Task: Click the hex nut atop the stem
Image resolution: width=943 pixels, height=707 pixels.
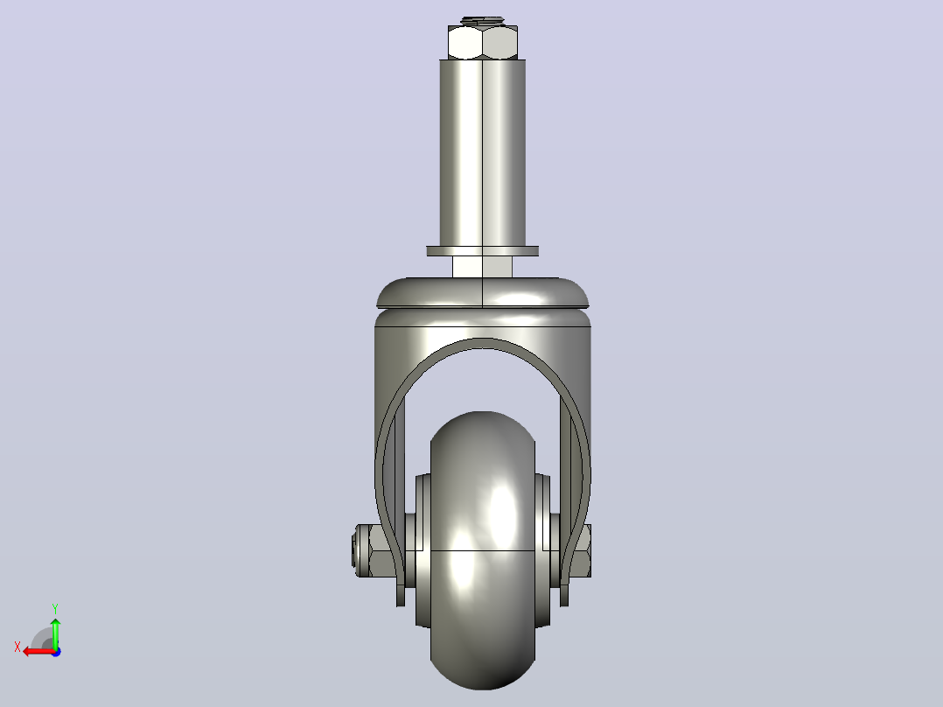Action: click(x=482, y=42)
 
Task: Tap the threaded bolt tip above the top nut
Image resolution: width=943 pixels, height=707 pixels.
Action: click(x=482, y=21)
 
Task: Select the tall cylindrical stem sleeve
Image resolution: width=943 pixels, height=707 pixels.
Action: click(x=482, y=153)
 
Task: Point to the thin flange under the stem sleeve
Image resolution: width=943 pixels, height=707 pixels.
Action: click(x=482, y=251)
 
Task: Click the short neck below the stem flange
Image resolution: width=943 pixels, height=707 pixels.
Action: click(x=482, y=267)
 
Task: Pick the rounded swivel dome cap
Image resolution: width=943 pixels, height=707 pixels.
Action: click(x=482, y=293)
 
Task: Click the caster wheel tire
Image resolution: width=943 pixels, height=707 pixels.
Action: click(x=482, y=550)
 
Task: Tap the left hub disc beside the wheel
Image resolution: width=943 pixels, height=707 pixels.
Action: click(x=423, y=550)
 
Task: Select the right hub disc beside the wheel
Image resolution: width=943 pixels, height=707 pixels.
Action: click(x=542, y=550)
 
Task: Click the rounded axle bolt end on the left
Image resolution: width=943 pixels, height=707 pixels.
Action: click(x=359, y=550)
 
